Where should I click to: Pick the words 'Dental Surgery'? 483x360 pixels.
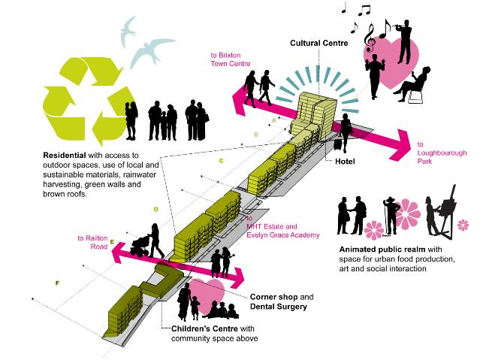click(279, 307)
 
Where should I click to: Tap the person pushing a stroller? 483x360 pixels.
click(147, 243)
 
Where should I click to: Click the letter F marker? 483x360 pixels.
click(56, 283)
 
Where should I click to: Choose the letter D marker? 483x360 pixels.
click(155, 209)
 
